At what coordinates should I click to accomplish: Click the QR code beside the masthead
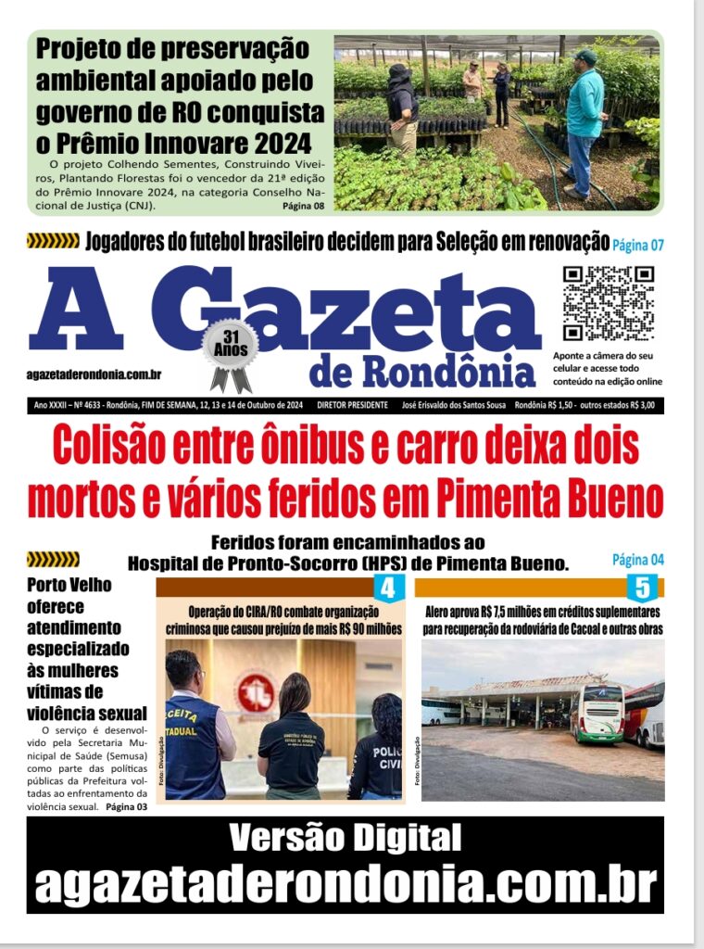608,303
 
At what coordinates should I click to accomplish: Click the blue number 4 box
387,588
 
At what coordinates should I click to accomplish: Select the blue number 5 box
643,588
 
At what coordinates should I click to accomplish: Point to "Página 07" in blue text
638,246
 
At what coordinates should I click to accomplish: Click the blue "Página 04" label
638,560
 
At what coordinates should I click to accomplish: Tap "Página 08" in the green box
303,206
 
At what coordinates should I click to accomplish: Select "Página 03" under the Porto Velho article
126,807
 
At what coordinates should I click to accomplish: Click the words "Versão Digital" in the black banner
345,838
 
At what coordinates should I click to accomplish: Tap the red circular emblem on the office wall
257,692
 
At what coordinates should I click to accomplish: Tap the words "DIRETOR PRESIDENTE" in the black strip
352,405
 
